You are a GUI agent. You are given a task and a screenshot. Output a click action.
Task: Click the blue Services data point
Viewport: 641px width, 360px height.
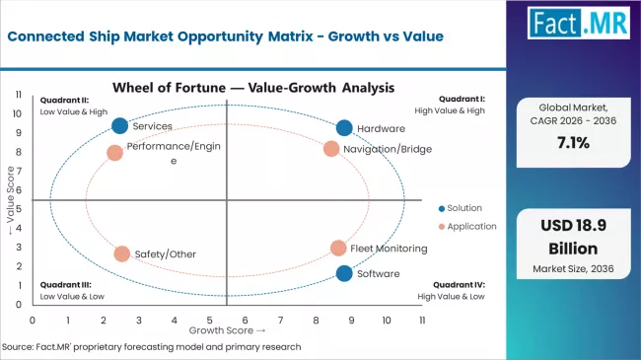point(120,125)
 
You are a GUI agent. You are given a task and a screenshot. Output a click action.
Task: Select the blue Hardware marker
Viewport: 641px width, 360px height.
point(343,128)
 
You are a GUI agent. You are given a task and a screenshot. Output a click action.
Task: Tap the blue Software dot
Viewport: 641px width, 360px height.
point(343,273)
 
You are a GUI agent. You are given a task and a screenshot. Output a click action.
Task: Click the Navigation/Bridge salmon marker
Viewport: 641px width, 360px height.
point(331,149)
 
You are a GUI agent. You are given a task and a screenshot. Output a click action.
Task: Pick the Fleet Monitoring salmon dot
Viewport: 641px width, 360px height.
point(338,249)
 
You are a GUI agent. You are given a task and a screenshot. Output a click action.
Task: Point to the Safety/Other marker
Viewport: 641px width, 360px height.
point(122,253)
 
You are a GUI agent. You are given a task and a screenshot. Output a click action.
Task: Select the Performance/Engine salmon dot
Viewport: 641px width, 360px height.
point(114,153)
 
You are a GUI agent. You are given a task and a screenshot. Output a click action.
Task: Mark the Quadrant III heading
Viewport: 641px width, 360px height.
point(64,285)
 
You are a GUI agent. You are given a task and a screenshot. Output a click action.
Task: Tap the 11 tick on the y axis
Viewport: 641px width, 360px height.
point(18,94)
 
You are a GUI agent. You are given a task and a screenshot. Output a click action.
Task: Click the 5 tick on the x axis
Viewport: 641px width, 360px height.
point(209,320)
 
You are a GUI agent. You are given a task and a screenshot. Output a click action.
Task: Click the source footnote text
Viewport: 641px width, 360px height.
point(153,347)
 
